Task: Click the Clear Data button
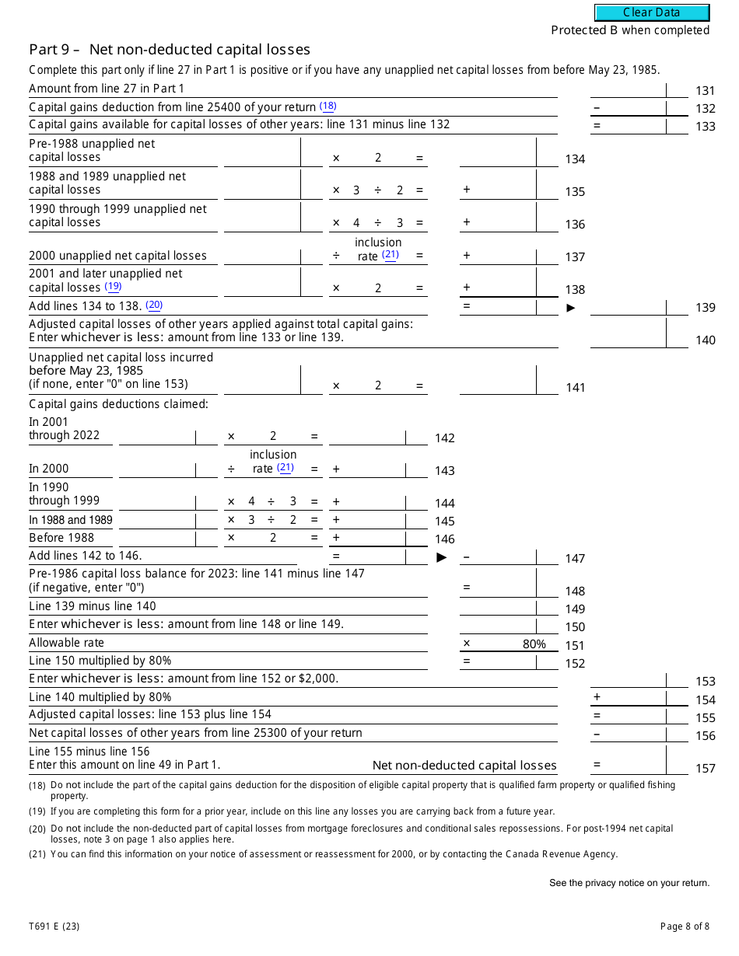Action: (652, 12)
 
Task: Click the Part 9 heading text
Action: (170, 50)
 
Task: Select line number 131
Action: (705, 91)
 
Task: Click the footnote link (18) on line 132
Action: (327, 106)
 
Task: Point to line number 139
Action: (705, 308)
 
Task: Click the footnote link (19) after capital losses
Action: (114, 287)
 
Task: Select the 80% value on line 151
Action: (534, 644)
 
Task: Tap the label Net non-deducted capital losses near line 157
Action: (464, 766)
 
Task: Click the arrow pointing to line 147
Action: (442, 557)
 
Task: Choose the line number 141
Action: (575, 388)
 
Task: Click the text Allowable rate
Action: (66, 643)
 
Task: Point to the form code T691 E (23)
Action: (54, 926)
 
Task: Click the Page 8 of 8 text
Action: (685, 926)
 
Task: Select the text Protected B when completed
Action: (630, 30)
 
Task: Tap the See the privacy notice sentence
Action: (629, 883)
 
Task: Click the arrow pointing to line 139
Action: (571, 308)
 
